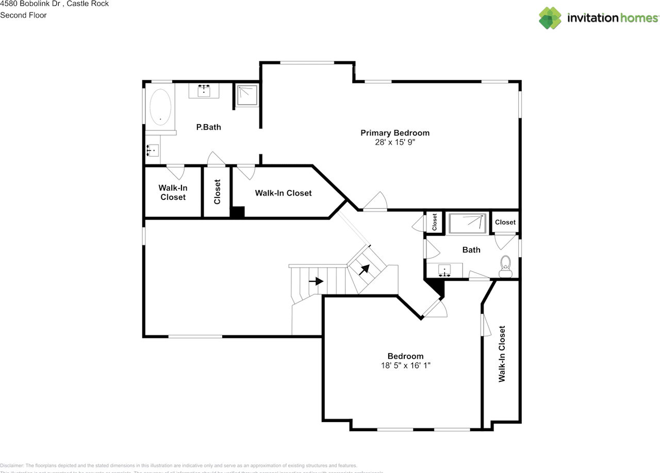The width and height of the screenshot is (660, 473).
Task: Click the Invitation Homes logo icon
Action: point(550,18)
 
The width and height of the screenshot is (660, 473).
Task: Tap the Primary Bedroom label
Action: point(394,133)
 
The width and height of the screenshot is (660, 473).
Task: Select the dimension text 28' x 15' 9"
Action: point(395,142)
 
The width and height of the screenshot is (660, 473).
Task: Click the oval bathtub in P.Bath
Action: point(160,107)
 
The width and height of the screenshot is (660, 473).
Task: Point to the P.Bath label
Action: point(208,127)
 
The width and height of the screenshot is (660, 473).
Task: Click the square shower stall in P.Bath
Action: point(247,95)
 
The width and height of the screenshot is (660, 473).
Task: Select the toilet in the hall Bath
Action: point(505,264)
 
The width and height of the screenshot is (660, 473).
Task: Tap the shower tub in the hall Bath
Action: point(468,224)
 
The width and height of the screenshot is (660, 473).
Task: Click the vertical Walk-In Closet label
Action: point(501,353)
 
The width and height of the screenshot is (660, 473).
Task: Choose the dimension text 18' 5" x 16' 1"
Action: point(405,365)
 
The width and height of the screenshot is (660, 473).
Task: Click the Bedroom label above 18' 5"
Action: point(405,356)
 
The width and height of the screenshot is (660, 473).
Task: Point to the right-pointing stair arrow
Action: point(316,281)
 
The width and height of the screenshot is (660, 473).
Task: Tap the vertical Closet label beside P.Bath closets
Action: point(217,192)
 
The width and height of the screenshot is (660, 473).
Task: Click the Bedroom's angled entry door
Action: point(436,308)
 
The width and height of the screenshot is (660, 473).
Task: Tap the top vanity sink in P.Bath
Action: point(205,91)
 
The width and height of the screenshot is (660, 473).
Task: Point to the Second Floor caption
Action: point(23,15)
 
